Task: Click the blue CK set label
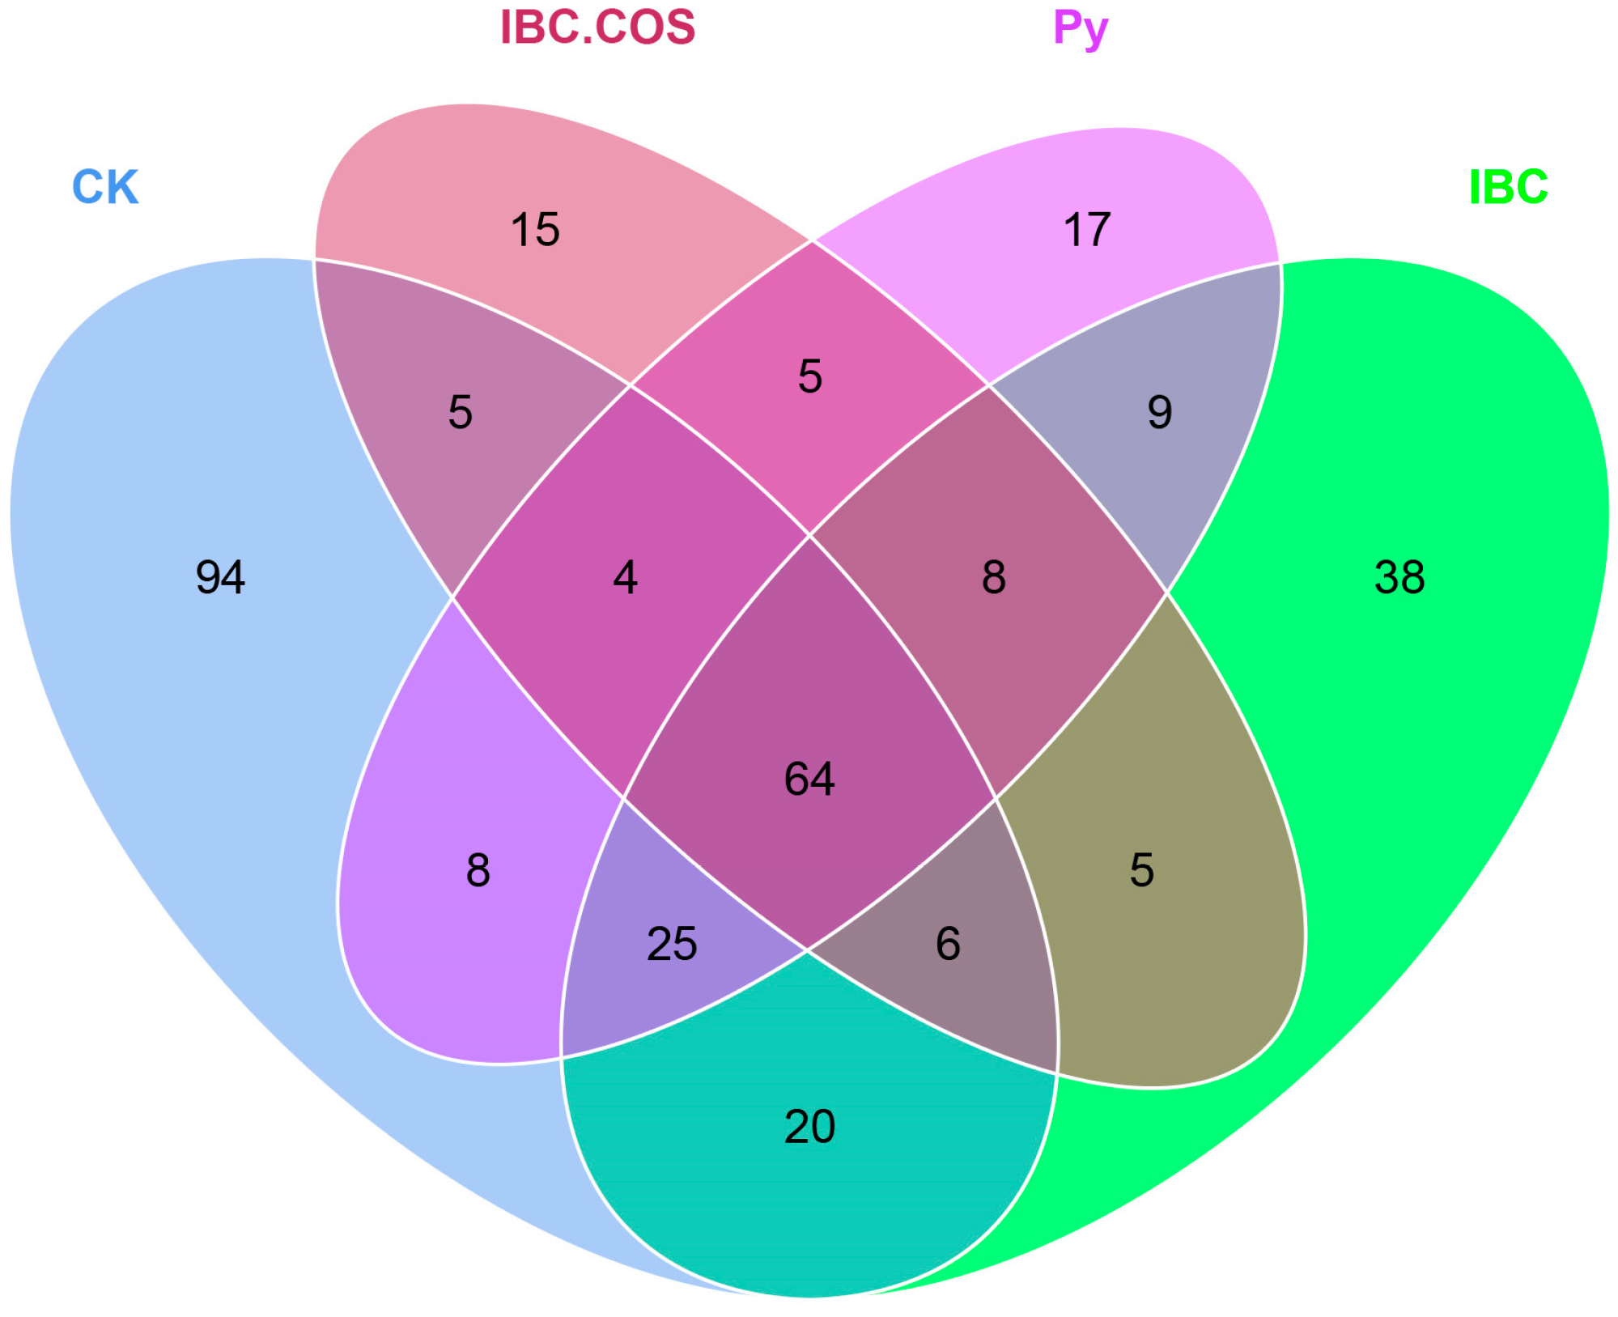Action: tap(105, 187)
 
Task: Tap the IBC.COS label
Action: tap(597, 28)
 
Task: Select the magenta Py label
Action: tap(1080, 29)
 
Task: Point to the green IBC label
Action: tap(1508, 187)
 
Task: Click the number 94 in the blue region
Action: tap(220, 578)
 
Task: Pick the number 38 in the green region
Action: tap(1399, 578)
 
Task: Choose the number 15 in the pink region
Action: tap(535, 230)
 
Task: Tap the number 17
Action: tap(1086, 230)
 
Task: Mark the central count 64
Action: tap(809, 780)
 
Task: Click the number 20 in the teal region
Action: tap(809, 1127)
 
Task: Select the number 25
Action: tap(672, 944)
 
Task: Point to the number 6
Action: tap(948, 944)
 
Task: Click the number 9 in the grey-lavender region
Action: tap(1159, 413)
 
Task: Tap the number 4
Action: tap(625, 578)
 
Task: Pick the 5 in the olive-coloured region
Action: tap(1141, 870)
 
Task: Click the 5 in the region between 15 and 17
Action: tap(809, 376)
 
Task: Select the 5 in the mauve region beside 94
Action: tap(460, 413)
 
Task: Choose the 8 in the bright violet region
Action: tap(478, 870)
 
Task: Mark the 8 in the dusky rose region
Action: tap(994, 578)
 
